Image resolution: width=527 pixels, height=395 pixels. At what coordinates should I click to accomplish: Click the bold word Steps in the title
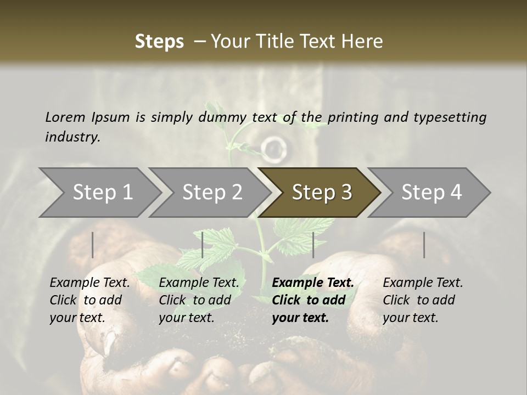click(159, 42)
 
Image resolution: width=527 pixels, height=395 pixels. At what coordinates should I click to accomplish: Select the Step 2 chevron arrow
click(212, 193)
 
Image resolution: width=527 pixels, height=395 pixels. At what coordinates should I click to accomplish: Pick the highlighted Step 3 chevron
click(322, 193)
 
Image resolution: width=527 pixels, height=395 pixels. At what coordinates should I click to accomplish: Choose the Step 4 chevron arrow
click(431, 193)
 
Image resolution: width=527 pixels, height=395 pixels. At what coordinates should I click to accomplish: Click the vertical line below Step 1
click(93, 245)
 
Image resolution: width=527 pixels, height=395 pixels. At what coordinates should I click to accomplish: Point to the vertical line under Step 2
click(203, 245)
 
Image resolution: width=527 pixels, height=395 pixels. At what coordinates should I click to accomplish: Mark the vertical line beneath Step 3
click(313, 245)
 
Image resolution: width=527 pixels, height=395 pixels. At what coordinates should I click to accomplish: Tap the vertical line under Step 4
click(424, 245)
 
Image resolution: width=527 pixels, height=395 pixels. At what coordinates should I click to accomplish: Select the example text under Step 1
click(89, 300)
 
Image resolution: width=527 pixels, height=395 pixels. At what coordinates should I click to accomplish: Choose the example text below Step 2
click(199, 300)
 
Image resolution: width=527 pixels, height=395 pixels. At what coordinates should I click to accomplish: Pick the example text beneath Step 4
click(423, 300)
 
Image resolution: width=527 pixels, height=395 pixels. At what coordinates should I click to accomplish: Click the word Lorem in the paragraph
click(65, 117)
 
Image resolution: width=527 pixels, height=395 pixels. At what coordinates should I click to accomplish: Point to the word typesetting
click(450, 117)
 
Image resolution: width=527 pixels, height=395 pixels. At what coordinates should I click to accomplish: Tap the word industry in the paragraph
click(72, 137)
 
